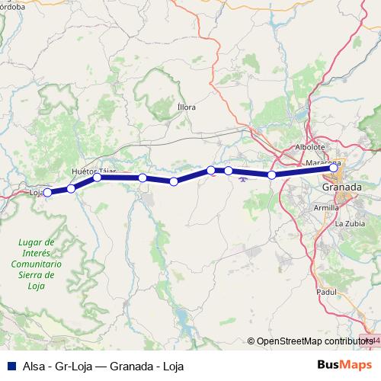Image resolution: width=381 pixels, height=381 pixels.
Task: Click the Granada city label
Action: tap(341, 187)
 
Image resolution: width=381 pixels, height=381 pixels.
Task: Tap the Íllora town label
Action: tap(186, 107)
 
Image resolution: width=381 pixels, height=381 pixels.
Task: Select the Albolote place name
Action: tap(309, 147)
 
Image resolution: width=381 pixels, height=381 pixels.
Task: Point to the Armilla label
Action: tap(326, 207)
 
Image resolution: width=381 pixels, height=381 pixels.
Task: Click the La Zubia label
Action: tap(348, 225)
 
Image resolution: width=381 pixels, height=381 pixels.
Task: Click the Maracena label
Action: tap(322, 163)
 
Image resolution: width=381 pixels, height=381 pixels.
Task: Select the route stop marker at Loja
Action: tap(47, 193)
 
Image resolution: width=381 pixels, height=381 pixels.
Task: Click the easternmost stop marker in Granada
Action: tap(333, 168)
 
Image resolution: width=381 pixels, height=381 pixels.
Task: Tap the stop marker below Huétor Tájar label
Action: tap(97, 178)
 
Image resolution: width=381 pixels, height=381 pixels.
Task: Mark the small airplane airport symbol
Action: tap(243, 180)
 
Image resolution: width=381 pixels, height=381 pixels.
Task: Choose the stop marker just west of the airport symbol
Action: tap(228, 171)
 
